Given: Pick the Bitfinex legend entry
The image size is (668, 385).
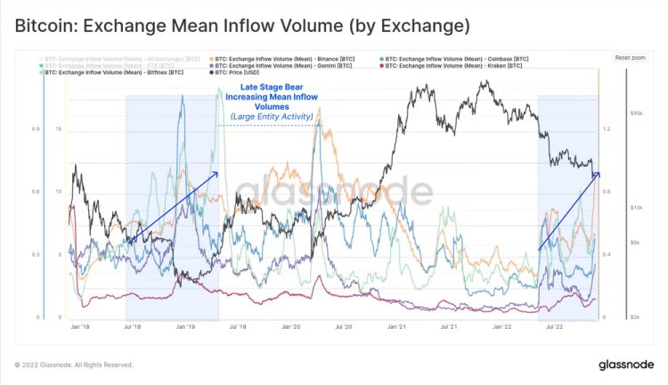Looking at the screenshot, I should pos(115,72).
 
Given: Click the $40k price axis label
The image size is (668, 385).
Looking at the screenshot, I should pos(635,114).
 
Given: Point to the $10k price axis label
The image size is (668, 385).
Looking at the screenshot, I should pos(635,208).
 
